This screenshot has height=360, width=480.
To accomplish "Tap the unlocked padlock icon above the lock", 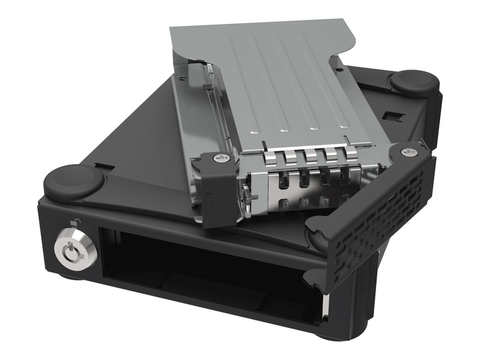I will click(74, 223).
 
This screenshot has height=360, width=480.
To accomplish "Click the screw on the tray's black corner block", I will click(221, 158).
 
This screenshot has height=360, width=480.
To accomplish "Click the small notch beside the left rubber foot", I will click(99, 165).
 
